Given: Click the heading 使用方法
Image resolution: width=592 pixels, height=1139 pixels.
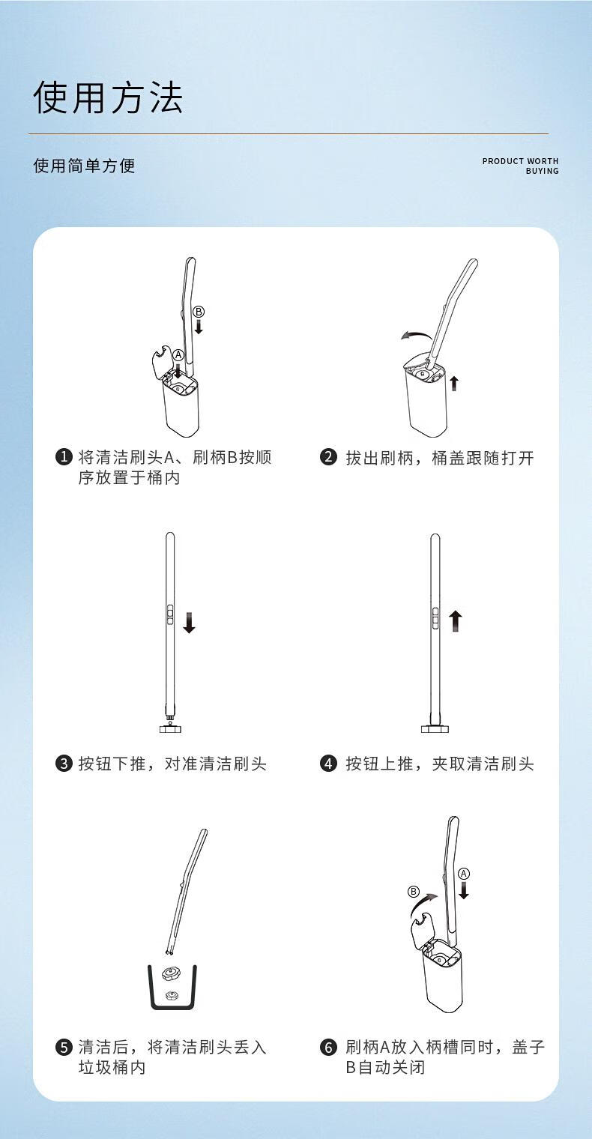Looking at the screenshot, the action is click(108, 97).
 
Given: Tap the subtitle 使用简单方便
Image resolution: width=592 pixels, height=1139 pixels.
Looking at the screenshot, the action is click(85, 166).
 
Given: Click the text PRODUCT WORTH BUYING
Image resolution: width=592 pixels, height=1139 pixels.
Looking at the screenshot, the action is click(520, 166).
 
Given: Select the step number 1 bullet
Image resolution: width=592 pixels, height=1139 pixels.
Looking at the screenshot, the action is click(64, 456).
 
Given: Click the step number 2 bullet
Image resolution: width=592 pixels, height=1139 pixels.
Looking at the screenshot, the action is click(328, 456).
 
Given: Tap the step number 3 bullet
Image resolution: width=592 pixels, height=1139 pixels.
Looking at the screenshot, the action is click(64, 764).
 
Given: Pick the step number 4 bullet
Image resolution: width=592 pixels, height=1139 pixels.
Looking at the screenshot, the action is click(328, 764).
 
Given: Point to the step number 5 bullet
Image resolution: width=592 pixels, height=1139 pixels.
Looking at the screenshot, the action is click(64, 1047).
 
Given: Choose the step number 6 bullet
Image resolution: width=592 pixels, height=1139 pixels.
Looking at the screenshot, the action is click(328, 1047).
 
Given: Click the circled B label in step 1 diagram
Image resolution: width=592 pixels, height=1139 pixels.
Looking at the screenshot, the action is click(199, 312).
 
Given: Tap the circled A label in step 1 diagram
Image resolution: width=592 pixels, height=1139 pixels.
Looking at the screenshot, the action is click(178, 355).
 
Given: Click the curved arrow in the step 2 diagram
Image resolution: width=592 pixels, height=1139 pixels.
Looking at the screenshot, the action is click(415, 334).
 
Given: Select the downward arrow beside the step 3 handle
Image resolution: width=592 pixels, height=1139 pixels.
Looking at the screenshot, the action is click(189, 623).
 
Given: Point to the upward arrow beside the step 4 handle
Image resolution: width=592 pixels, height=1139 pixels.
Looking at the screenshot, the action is click(456, 621).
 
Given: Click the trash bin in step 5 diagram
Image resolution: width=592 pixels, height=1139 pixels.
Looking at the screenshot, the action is click(172, 988).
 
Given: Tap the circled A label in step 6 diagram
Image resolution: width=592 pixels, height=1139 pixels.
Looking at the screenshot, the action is click(464, 874).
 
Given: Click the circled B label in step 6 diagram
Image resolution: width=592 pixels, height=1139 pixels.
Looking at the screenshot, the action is click(414, 892).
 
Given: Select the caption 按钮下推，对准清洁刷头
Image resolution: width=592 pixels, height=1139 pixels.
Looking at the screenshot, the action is click(172, 764).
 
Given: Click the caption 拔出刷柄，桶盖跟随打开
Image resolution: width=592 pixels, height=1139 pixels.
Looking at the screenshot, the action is click(440, 458).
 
